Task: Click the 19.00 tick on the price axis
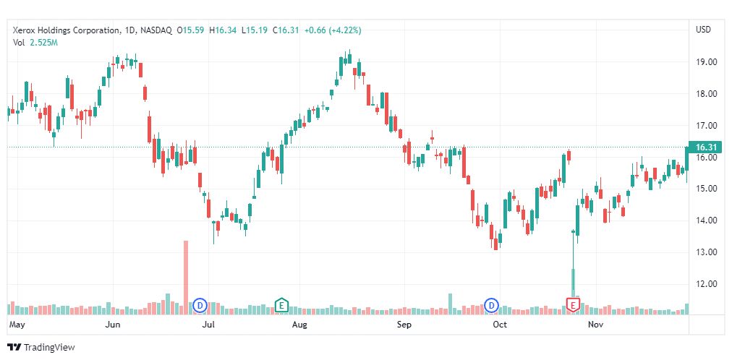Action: [x=705, y=62]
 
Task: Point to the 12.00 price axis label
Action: [x=705, y=283]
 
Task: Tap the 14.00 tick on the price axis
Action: [x=705, y=220]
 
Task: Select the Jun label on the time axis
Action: [x=113, y=325]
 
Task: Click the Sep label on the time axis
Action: [x=404, y=325]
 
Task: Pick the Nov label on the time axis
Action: [x=596, y=325]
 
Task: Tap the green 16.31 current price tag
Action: [x=705, y=147]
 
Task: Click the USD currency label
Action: [x=703, y=30]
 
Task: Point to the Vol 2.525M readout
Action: [x=35, y=43]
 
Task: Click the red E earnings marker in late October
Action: [x=574, y=305]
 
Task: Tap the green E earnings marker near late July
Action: [x=281, y=305]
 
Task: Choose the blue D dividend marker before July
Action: [x=200, y=305]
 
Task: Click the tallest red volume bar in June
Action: [x=186, y=275]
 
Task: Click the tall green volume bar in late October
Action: [x=573, y=286]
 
